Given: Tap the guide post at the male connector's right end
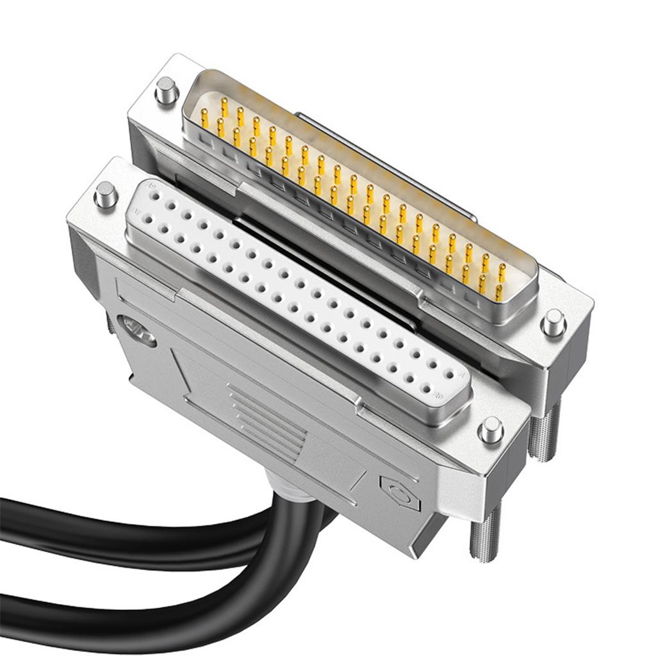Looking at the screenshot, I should tap(553, 322).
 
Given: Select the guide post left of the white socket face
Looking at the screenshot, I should tap(105, 194).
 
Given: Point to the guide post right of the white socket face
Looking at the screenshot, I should tap(491, 429).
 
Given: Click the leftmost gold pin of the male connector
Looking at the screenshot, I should tap(204, 117).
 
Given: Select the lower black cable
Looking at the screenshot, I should tap(128, 615).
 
